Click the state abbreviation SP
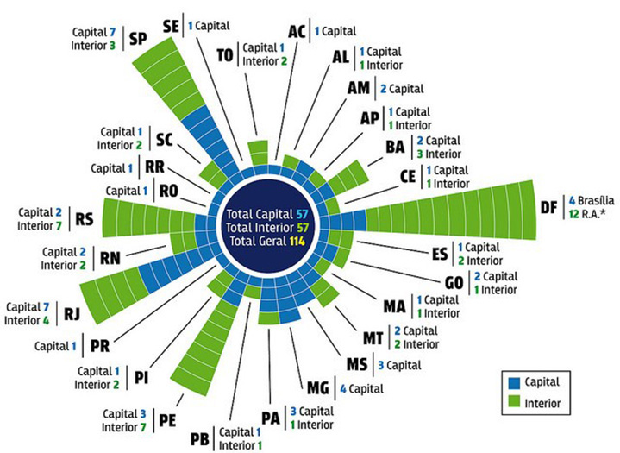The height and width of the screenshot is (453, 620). (138, 39)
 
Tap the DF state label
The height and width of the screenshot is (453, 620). (548, 207)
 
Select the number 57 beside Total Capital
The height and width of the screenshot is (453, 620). (302, 214)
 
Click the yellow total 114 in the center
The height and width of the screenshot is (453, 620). (297, 241)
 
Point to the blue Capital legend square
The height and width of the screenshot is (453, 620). (514, 382)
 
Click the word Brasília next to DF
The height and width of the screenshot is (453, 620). (596, 200)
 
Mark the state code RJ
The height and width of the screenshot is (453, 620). (72, 314)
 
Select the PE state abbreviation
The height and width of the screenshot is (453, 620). (167, 420)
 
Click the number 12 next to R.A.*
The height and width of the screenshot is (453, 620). (573, 214)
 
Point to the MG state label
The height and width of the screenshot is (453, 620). (318, 388)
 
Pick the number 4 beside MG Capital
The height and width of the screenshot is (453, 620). (343, 389)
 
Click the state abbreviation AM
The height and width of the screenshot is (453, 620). (358, 88)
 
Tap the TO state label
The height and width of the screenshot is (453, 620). (225, 55)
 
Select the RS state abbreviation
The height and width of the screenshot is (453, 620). (85, 219)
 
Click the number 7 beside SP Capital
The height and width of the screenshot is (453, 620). (112, 32)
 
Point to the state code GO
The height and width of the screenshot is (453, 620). (454, 283)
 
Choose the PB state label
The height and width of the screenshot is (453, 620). (200, 439)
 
